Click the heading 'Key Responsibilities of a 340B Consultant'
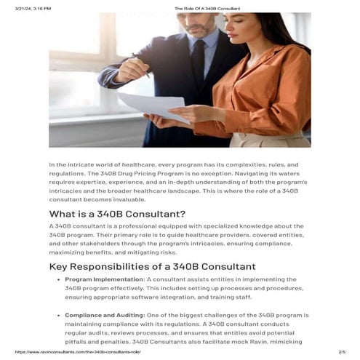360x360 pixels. [152, 266]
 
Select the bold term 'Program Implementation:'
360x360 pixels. [105, 279]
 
